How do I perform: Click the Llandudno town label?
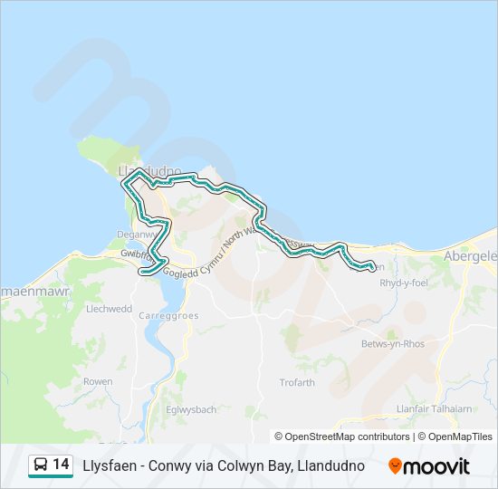point(149,170)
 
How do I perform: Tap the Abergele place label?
point(470,256)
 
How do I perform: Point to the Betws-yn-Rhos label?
point(392,344)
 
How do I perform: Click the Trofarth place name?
point(297,382)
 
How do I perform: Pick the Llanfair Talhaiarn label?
point(434,408)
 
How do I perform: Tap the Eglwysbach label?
point(191,409)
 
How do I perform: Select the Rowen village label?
point(97,382)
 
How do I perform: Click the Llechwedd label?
point(109,308)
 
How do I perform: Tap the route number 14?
point(61,465)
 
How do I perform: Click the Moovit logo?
point(429,466)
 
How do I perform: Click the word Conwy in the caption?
point(166,465)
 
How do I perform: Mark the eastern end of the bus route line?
point(373,267)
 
